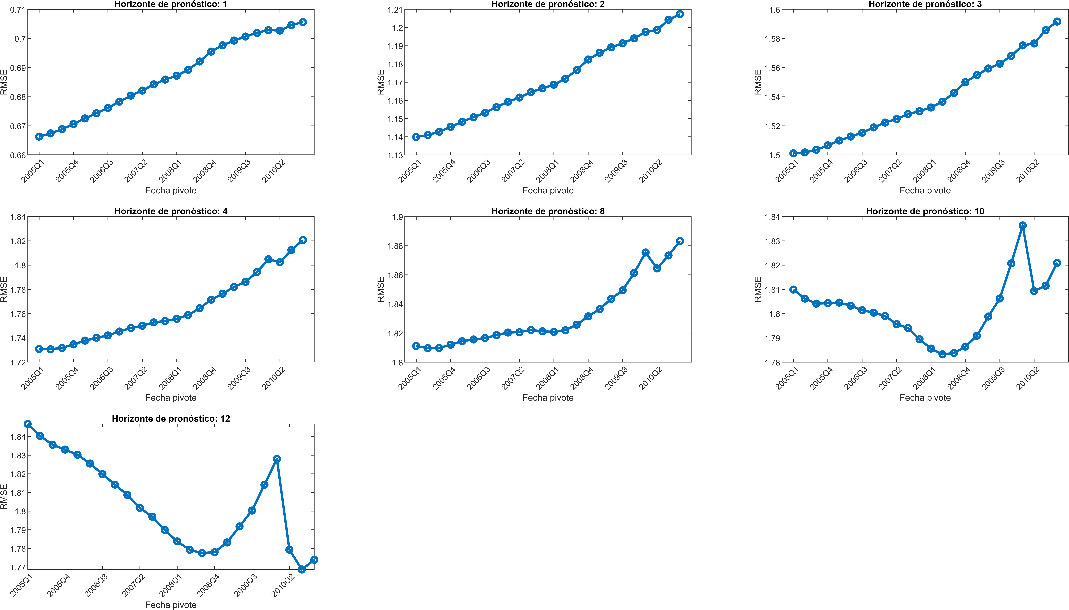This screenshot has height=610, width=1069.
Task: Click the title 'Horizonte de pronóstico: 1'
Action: click(171, 4)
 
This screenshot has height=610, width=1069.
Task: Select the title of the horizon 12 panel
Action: click(171, 419)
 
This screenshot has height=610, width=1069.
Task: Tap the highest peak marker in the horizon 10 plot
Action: click(1023, 225)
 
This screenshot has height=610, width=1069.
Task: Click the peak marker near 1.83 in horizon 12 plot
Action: click(277, 459)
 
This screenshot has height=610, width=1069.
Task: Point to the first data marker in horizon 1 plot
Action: click(39, 137)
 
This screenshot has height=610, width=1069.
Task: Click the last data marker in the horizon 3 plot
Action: click(1057, 21)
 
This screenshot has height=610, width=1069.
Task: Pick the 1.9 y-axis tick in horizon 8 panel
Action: click(397, 217)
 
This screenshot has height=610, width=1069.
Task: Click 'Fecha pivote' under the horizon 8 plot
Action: click(548, 398)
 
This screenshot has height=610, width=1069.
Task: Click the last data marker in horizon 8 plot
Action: click(680, 241)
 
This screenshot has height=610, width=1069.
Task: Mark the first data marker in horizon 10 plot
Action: click(793, 290)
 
